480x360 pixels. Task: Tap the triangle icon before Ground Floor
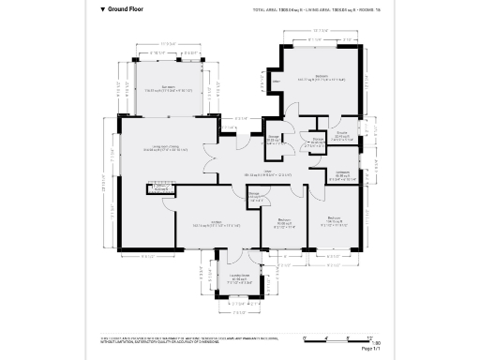[x=103, y=9]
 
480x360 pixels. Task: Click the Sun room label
[x=169, y=88]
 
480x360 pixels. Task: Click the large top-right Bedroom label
[x=322, y=77]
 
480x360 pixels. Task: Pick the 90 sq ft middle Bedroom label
[x=286, y=223]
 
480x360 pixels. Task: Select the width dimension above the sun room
[x=169, y=44]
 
